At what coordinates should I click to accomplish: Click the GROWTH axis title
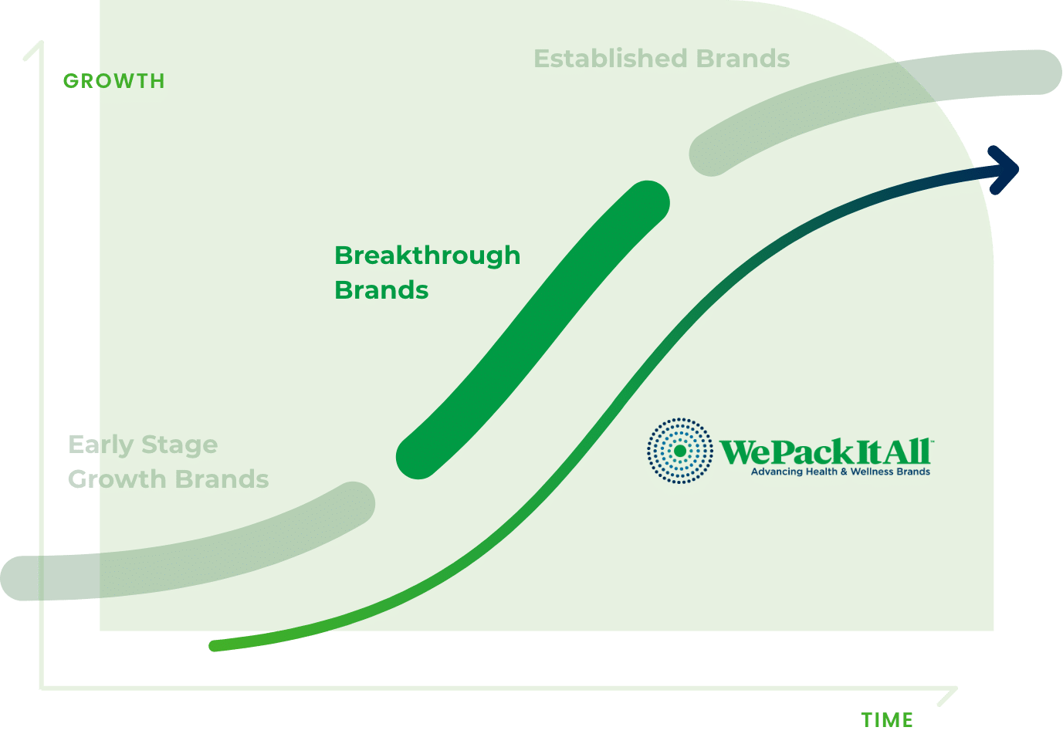[x=114, y=81]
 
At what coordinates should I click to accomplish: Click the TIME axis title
[x=887, y=720]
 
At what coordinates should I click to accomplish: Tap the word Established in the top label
[x=611, y=59]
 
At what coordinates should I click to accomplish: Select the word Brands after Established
[x=743, y=59]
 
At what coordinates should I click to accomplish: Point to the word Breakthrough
[x=427, y=255]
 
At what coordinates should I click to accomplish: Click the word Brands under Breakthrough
[x=381, y=290]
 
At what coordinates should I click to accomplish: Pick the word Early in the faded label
[x=100, y=445]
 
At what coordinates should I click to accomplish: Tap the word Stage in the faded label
[x=179, y=446]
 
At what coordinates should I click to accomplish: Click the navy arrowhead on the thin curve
[x=1005, y=170]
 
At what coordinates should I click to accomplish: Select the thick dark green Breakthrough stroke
[x=533, y=330]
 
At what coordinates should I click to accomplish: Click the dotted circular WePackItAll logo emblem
[x=679, y=451]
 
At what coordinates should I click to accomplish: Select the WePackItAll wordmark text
[x=826, y=452]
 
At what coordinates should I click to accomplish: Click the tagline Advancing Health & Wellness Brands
[x=840, y=472]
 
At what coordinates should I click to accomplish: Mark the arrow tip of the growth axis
[x=42, y=42]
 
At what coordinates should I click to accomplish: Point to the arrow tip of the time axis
[x=956, y=688]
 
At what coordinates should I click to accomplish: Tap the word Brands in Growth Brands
[x=222, y=479]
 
